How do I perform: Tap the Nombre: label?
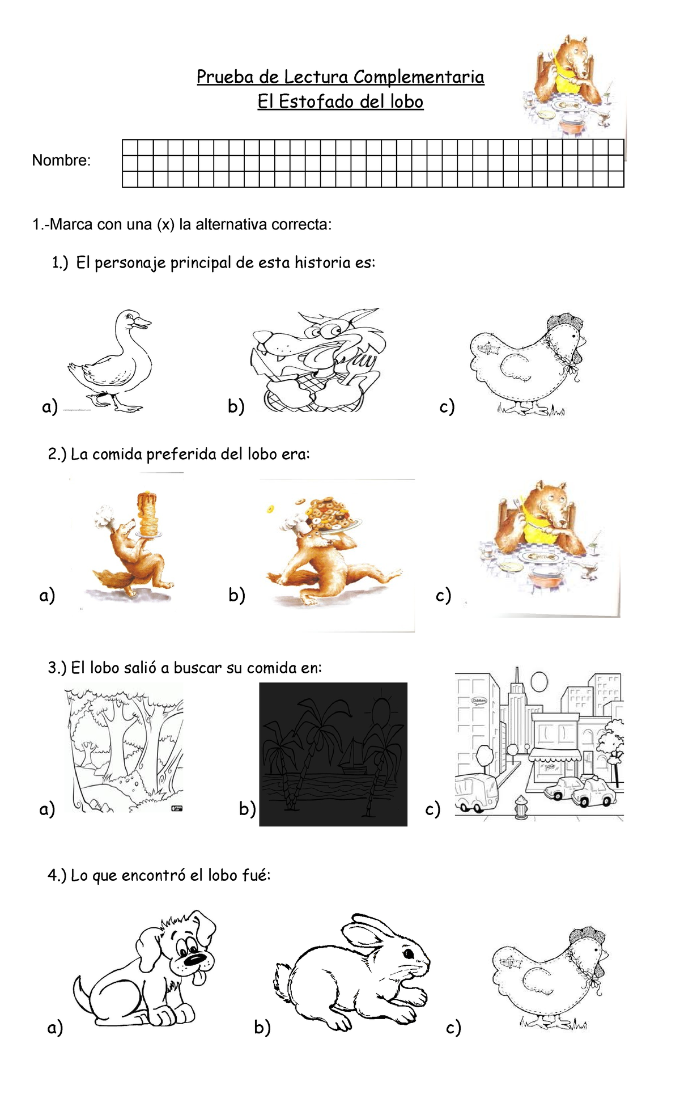point(61,160)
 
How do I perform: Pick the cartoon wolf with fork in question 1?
point(317,360)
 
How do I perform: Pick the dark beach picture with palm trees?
point(333,754)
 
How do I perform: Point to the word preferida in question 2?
point(181,455)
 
